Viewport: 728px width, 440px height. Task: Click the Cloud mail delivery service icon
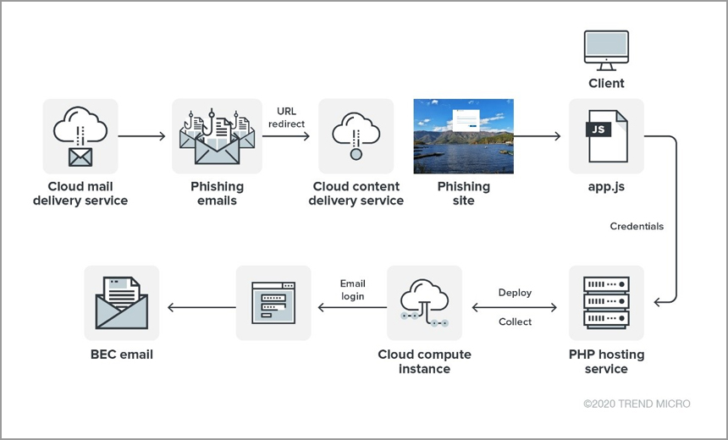coord(80,136)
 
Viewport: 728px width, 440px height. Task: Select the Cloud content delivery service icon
coord(356,136)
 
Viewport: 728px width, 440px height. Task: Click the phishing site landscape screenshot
coord(463,136)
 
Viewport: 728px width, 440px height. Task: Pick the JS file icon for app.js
coord(606,136)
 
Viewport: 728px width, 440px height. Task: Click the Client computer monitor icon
coord(606,51)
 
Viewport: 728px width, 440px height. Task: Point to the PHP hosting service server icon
coord(606,303)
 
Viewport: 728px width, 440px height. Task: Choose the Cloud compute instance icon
coord(424,303)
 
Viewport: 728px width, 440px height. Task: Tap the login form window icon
coord(273,303)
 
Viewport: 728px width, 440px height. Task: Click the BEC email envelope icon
coord(122,303)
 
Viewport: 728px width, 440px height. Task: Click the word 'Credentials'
coord(637,227)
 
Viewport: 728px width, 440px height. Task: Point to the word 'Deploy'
coord(515,293)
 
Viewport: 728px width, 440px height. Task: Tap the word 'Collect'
coord(515,322)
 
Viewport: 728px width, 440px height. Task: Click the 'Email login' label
coord(352,289)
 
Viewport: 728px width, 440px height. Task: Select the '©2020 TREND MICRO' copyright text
coord(637,404)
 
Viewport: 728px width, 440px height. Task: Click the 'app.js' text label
coord(606,186)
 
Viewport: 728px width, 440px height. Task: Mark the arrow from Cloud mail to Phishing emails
coord(143,136)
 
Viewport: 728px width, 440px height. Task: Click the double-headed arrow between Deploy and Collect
coord(516,307)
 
